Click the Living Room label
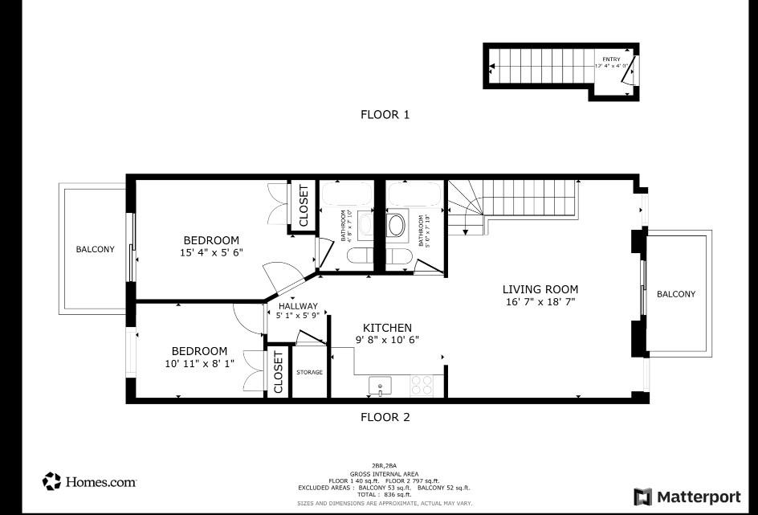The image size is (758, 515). point(540,289)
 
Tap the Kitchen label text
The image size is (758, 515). point(387,328)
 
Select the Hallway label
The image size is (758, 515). point(298,306)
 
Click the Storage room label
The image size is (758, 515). point(309,372)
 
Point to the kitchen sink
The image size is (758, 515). point(380,386)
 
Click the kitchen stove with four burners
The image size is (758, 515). point(422,386)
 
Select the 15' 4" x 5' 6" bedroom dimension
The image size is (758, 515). point(212,252)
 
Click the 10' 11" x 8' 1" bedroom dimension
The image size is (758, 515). point(199,363)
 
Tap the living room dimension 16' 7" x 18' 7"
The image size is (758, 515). point(540,302)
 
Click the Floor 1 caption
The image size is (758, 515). point(385,115)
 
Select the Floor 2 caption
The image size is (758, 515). point(385,417)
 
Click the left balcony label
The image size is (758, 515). point(95,249)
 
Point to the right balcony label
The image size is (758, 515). point(676,294)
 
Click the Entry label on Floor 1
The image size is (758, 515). point(613,59)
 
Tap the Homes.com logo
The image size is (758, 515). point(89,481)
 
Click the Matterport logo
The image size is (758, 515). point(687,496)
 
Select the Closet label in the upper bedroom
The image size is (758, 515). point(304,206)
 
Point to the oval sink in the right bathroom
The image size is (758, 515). point(397,224)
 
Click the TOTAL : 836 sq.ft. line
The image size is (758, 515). point(384,495)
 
